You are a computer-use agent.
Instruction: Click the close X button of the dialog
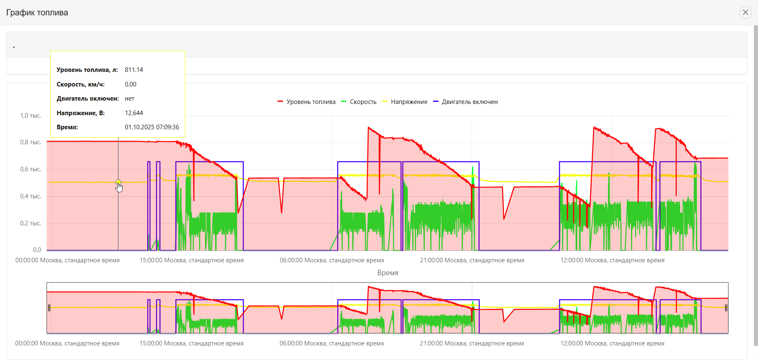coord(746,12)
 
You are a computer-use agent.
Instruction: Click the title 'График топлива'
coord(37,12)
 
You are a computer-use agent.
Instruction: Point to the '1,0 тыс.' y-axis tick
coord(31,116)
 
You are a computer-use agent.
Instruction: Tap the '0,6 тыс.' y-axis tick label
coord(31,169)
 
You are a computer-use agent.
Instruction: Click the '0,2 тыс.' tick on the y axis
coord(31,223)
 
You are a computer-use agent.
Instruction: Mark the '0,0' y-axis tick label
coord(37,250)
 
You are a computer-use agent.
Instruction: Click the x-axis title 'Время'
coord(387,273)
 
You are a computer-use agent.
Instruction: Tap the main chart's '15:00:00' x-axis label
coord(192,260)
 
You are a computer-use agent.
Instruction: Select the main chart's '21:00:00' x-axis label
coord(472,260)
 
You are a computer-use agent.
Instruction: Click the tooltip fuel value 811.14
coord(134,70)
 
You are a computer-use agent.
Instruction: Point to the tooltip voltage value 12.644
coord(134,113)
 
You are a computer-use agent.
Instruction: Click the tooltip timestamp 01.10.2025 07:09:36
coord(152,127)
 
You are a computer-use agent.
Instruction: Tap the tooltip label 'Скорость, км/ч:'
coord(81,84)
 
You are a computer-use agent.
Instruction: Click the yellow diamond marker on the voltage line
coord(118,182)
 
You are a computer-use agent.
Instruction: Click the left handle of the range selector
coord(49,308)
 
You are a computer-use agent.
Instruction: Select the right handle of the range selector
coord(726,308)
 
